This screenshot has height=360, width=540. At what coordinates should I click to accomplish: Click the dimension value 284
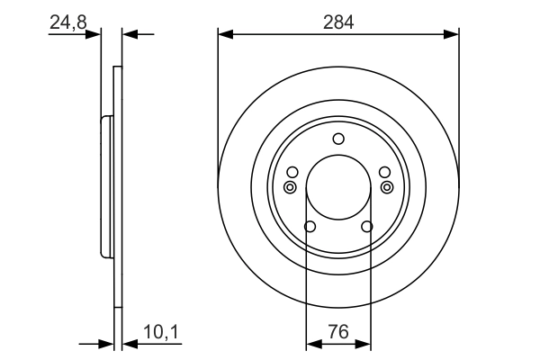[338, 19]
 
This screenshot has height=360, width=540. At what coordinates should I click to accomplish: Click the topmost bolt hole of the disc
[338, 139]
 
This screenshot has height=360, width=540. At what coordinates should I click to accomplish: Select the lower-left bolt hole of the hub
[310, 227]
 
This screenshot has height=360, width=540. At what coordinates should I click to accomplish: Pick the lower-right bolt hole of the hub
[367, 227]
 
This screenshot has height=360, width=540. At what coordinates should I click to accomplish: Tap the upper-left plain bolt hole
[292, 172]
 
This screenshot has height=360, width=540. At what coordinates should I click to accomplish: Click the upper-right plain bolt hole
[384, 172]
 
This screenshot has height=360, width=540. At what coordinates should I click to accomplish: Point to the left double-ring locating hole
[289, 187]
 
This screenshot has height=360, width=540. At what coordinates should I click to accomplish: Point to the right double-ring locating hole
[387, 187]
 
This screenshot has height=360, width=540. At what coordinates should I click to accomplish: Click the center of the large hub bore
[338, 187]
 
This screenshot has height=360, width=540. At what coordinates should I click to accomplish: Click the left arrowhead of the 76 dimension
[313, 343]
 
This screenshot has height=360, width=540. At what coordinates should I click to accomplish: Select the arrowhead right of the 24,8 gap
[129, 34]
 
